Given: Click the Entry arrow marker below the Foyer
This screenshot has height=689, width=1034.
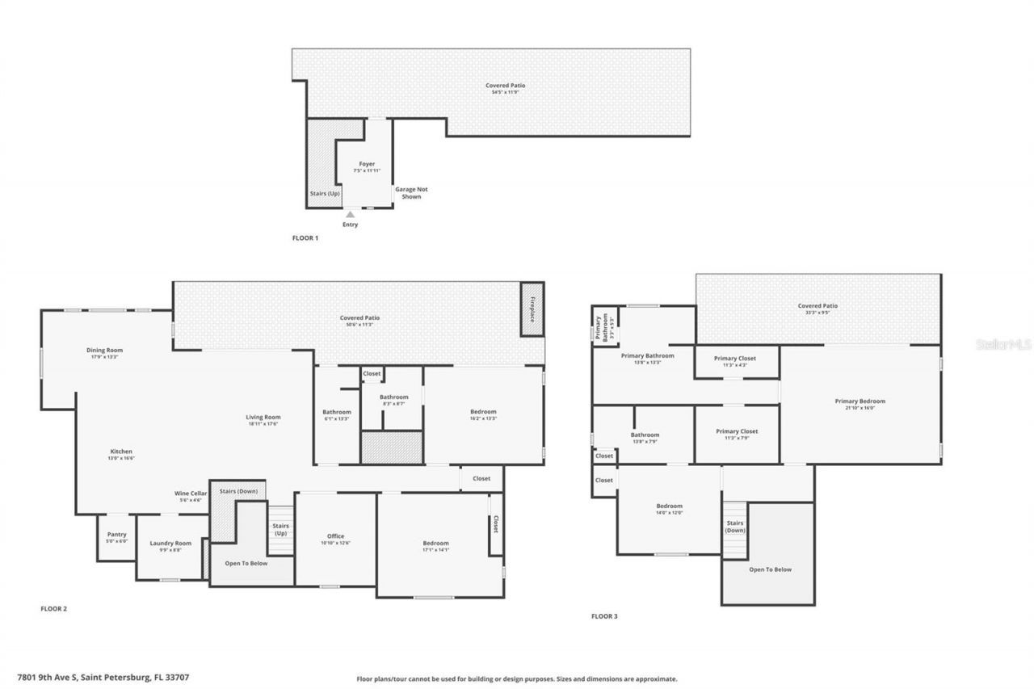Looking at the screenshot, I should (350, 215).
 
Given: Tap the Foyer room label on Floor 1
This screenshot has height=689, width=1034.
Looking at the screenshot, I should (367, 164).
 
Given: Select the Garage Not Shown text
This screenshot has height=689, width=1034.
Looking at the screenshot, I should (411, 193).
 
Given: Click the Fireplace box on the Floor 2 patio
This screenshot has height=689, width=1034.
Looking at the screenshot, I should (532, 310).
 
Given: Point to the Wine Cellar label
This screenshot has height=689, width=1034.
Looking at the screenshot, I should (191, 493).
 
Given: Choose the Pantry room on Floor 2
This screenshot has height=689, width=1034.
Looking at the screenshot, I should (117, 535).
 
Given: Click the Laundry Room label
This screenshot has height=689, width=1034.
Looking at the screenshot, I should (170, 543).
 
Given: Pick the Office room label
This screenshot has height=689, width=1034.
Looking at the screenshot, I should (335, 536).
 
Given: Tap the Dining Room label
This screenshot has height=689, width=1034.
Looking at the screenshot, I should (104, 350).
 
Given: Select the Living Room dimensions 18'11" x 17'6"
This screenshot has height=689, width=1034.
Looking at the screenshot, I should (263, 424).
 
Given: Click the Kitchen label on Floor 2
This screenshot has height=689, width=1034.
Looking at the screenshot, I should (121, 452).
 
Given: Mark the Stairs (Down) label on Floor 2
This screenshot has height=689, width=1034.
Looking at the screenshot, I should (238, 490).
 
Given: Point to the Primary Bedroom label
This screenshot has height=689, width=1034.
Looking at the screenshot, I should (860, 401).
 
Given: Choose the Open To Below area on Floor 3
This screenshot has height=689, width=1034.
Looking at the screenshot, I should (770, 569).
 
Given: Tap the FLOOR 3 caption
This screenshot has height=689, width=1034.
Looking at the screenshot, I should (604, 616).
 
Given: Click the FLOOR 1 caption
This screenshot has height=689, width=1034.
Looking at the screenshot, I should (305, 238).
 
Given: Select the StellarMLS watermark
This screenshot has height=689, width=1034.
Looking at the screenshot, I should (1004, 344).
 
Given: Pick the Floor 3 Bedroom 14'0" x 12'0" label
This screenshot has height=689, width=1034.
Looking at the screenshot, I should (669, 506).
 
